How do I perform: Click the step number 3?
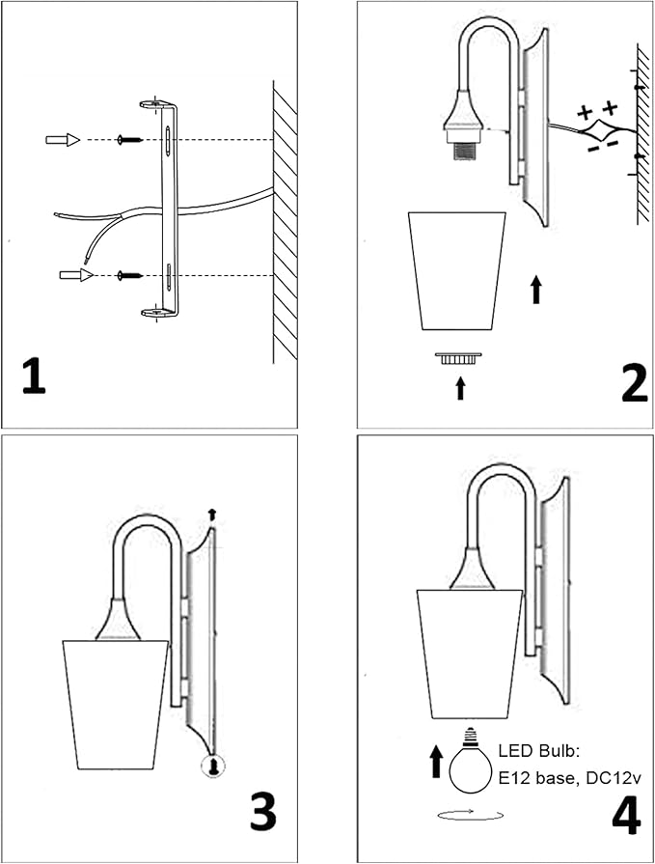click(264, 812)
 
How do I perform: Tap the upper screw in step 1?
click(127, 141)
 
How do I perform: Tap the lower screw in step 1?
click(127, 276)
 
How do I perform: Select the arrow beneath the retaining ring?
click(460, 387)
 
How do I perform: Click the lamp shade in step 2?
click(458, 270)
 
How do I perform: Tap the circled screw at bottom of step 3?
click(211, 767)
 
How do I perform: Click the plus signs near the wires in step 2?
click(597, 110)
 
